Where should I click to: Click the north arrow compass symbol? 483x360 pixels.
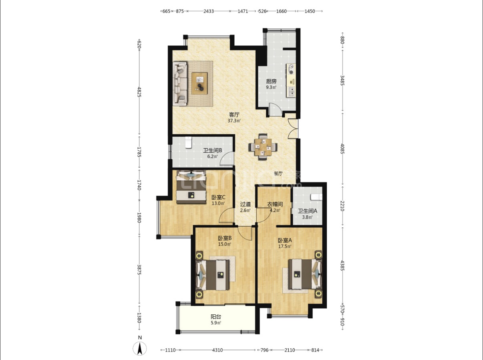point(140,348)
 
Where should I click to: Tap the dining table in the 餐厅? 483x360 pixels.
point(263,147)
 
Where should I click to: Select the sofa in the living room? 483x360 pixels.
point(180,83)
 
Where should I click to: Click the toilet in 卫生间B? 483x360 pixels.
point(188,142)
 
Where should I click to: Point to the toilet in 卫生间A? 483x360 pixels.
point(317,197)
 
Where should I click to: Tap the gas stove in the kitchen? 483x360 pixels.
point(291,69)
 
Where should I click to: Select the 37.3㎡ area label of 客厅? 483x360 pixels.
point(234,121)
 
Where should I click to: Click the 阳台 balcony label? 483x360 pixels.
point(215,317)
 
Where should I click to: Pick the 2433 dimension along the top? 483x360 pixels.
point(208,11)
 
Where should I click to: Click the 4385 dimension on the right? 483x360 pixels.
point(342,265)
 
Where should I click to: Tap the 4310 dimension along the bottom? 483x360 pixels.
point(217,350)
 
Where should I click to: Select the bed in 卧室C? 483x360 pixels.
point(191,187)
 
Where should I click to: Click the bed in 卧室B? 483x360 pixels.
point(213,275)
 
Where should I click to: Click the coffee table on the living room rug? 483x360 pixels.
point(199,83)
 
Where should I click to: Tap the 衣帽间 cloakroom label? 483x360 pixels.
point(275,204)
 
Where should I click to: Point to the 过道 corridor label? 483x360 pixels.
point(246,204)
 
